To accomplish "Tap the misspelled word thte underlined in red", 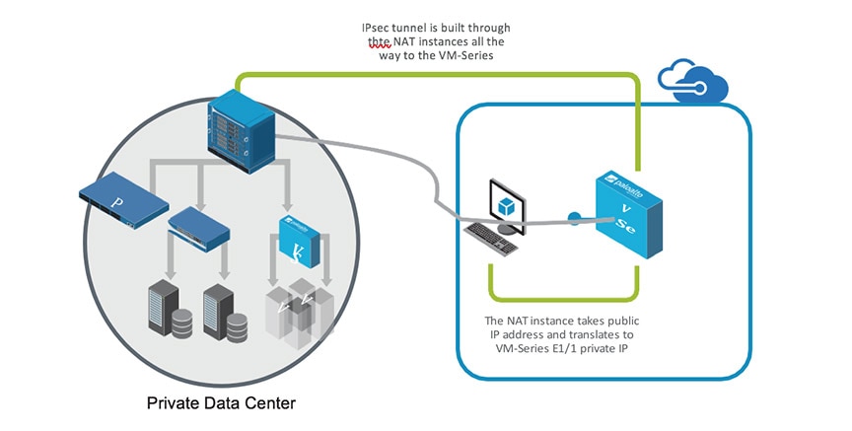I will pos(379,42).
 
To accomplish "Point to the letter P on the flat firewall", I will pos(119,205).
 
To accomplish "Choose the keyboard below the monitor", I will pos(495,238).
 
